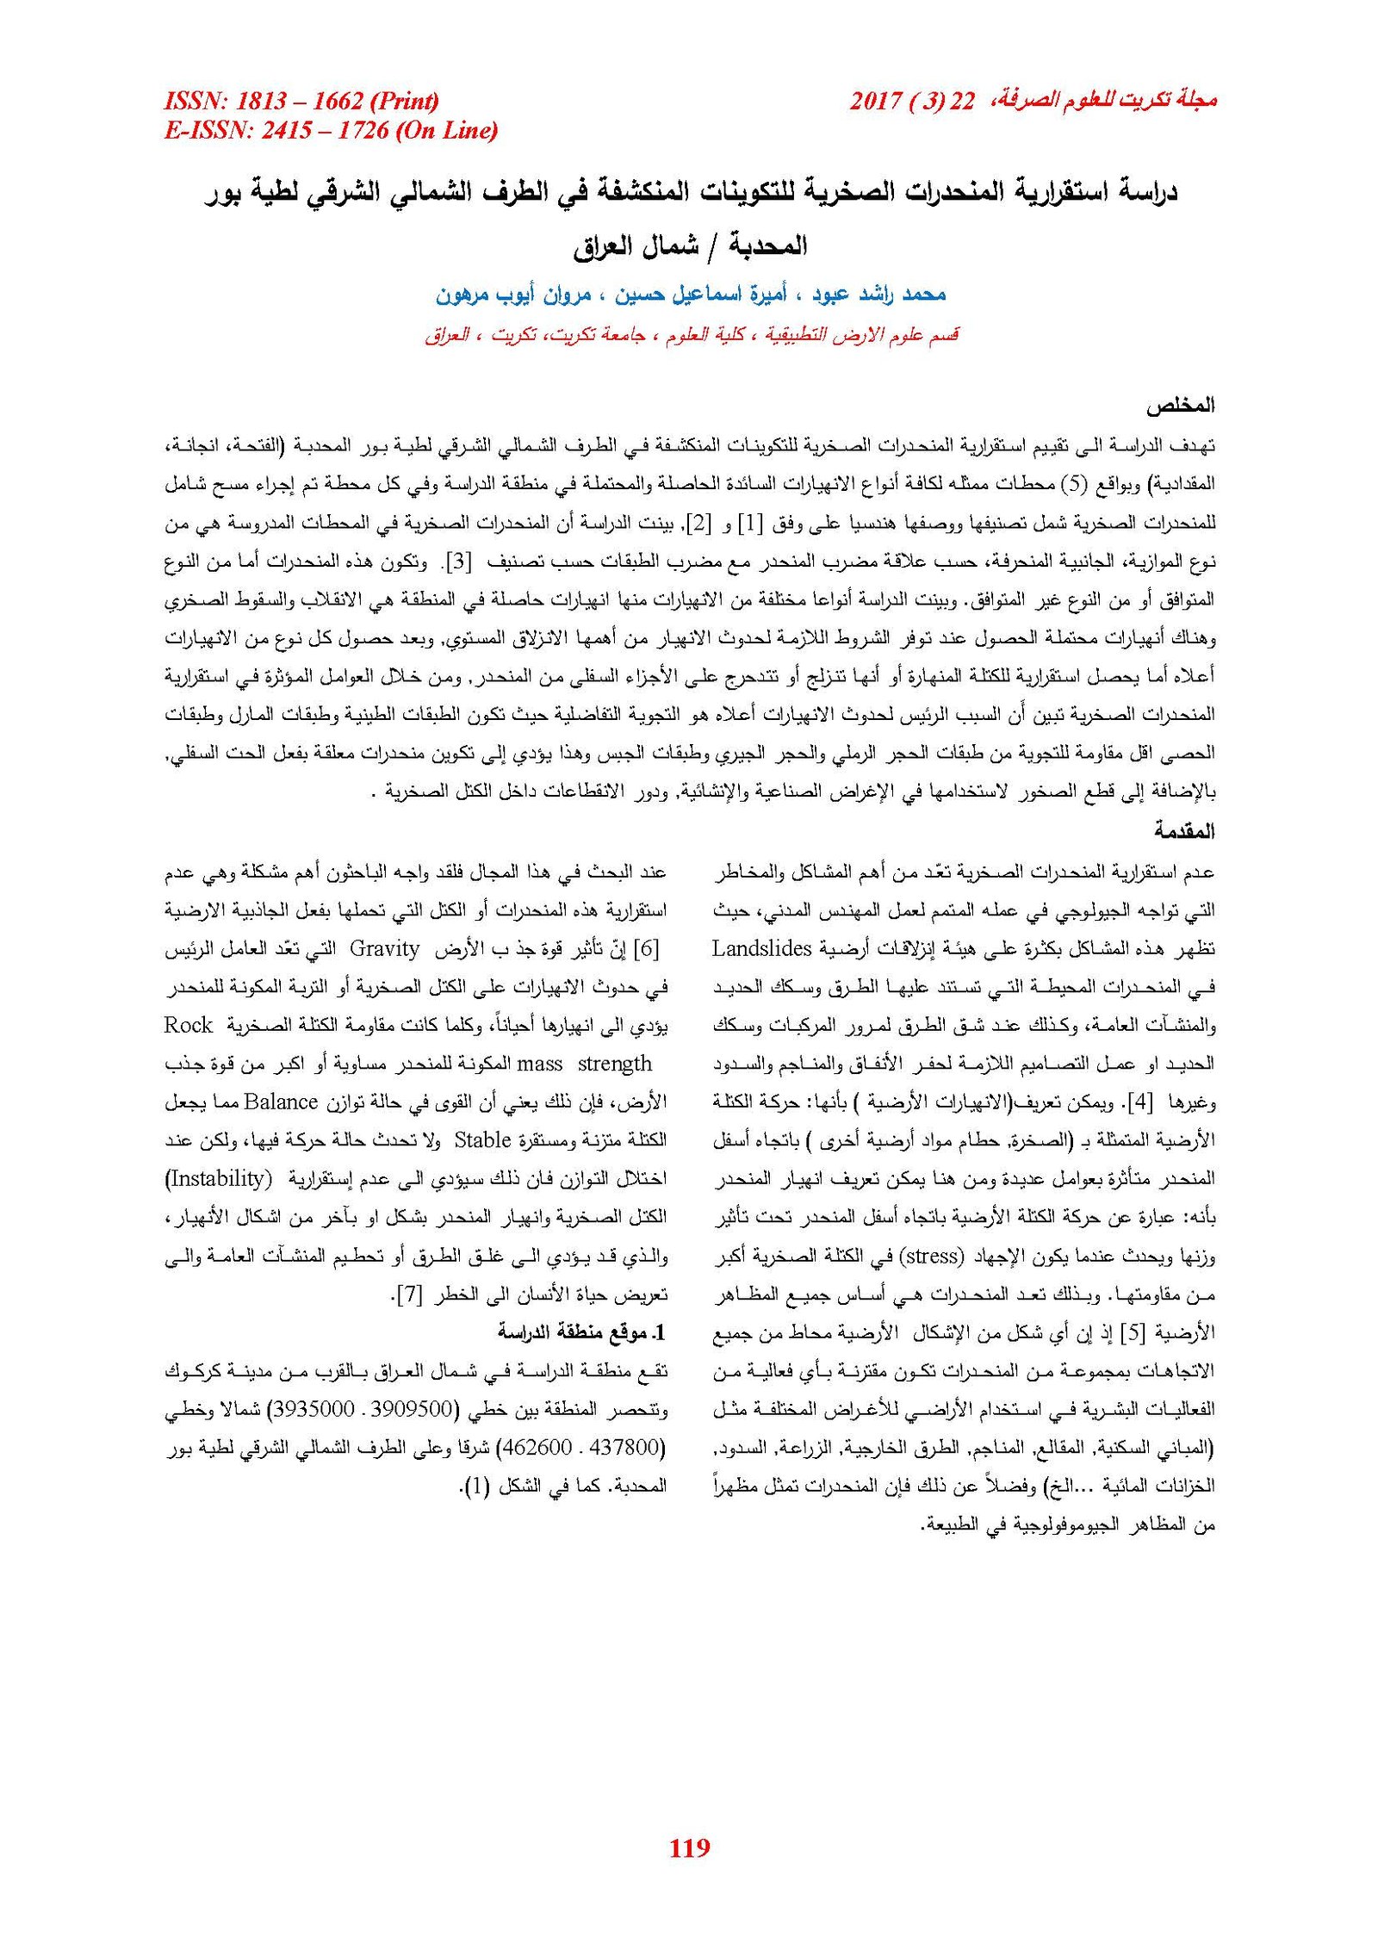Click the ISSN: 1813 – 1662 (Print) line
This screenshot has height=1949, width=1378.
click(x=301, y=102)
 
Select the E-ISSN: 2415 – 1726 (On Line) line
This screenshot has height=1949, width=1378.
click(x=331, y=131)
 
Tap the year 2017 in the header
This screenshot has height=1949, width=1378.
click(x=875, y=102)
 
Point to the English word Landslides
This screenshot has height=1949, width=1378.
click(x=762, y=948)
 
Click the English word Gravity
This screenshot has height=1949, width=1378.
click(x=384, y=948)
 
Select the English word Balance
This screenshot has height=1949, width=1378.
click(x=282, y=1102)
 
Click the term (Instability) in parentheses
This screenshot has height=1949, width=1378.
click(x=218, y=1178)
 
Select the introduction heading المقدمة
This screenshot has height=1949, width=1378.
click(x=1184, y=831)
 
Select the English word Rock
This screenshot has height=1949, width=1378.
click(x=188, y=1025)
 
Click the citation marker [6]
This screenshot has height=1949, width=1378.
click(x=646, y=948)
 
